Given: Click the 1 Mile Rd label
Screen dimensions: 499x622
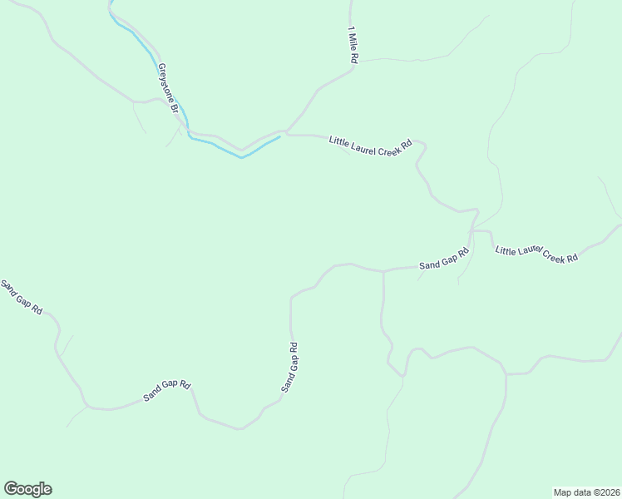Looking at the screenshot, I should point(353,46).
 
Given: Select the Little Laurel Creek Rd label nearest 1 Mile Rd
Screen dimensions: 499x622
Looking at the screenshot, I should point(370,144).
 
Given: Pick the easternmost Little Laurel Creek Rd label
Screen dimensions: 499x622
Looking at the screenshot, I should point(536,254).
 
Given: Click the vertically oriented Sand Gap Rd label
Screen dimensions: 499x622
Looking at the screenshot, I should point(289,368).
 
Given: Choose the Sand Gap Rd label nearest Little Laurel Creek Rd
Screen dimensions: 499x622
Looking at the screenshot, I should point(444,259).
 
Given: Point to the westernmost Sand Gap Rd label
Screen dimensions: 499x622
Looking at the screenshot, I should point(21,297).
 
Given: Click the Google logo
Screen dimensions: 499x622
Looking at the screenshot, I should point(27,489).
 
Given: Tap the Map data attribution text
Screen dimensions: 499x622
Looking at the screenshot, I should point(587,492).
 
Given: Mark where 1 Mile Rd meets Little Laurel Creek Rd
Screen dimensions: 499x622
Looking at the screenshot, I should point(287,131).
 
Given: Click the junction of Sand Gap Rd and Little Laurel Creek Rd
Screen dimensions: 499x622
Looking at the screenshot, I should point(472,230).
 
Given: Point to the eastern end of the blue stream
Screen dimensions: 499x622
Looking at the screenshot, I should point(279,136).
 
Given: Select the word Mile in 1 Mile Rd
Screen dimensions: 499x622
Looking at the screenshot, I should point(353,45).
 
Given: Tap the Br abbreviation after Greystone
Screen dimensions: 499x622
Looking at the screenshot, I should point(175,107).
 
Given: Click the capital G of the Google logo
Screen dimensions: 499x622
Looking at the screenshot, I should point(11,489).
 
